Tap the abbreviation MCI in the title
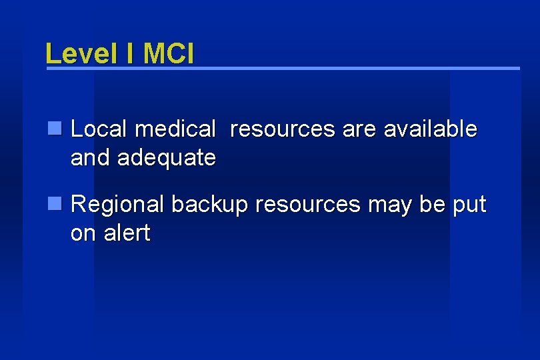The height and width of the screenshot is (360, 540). point(167,53)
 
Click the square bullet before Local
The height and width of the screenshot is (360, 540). point(56,127)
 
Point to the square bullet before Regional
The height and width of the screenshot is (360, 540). point(56,203)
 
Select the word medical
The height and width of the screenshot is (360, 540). point(175,129)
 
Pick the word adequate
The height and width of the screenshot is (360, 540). point(166,159)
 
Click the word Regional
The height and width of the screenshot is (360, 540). point(117,205)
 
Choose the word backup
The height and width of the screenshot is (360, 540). point(209,205)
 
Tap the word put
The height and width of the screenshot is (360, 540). point(469,205)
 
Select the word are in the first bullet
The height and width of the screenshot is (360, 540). point(359,129)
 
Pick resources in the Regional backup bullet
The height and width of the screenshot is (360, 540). point(307,205)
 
